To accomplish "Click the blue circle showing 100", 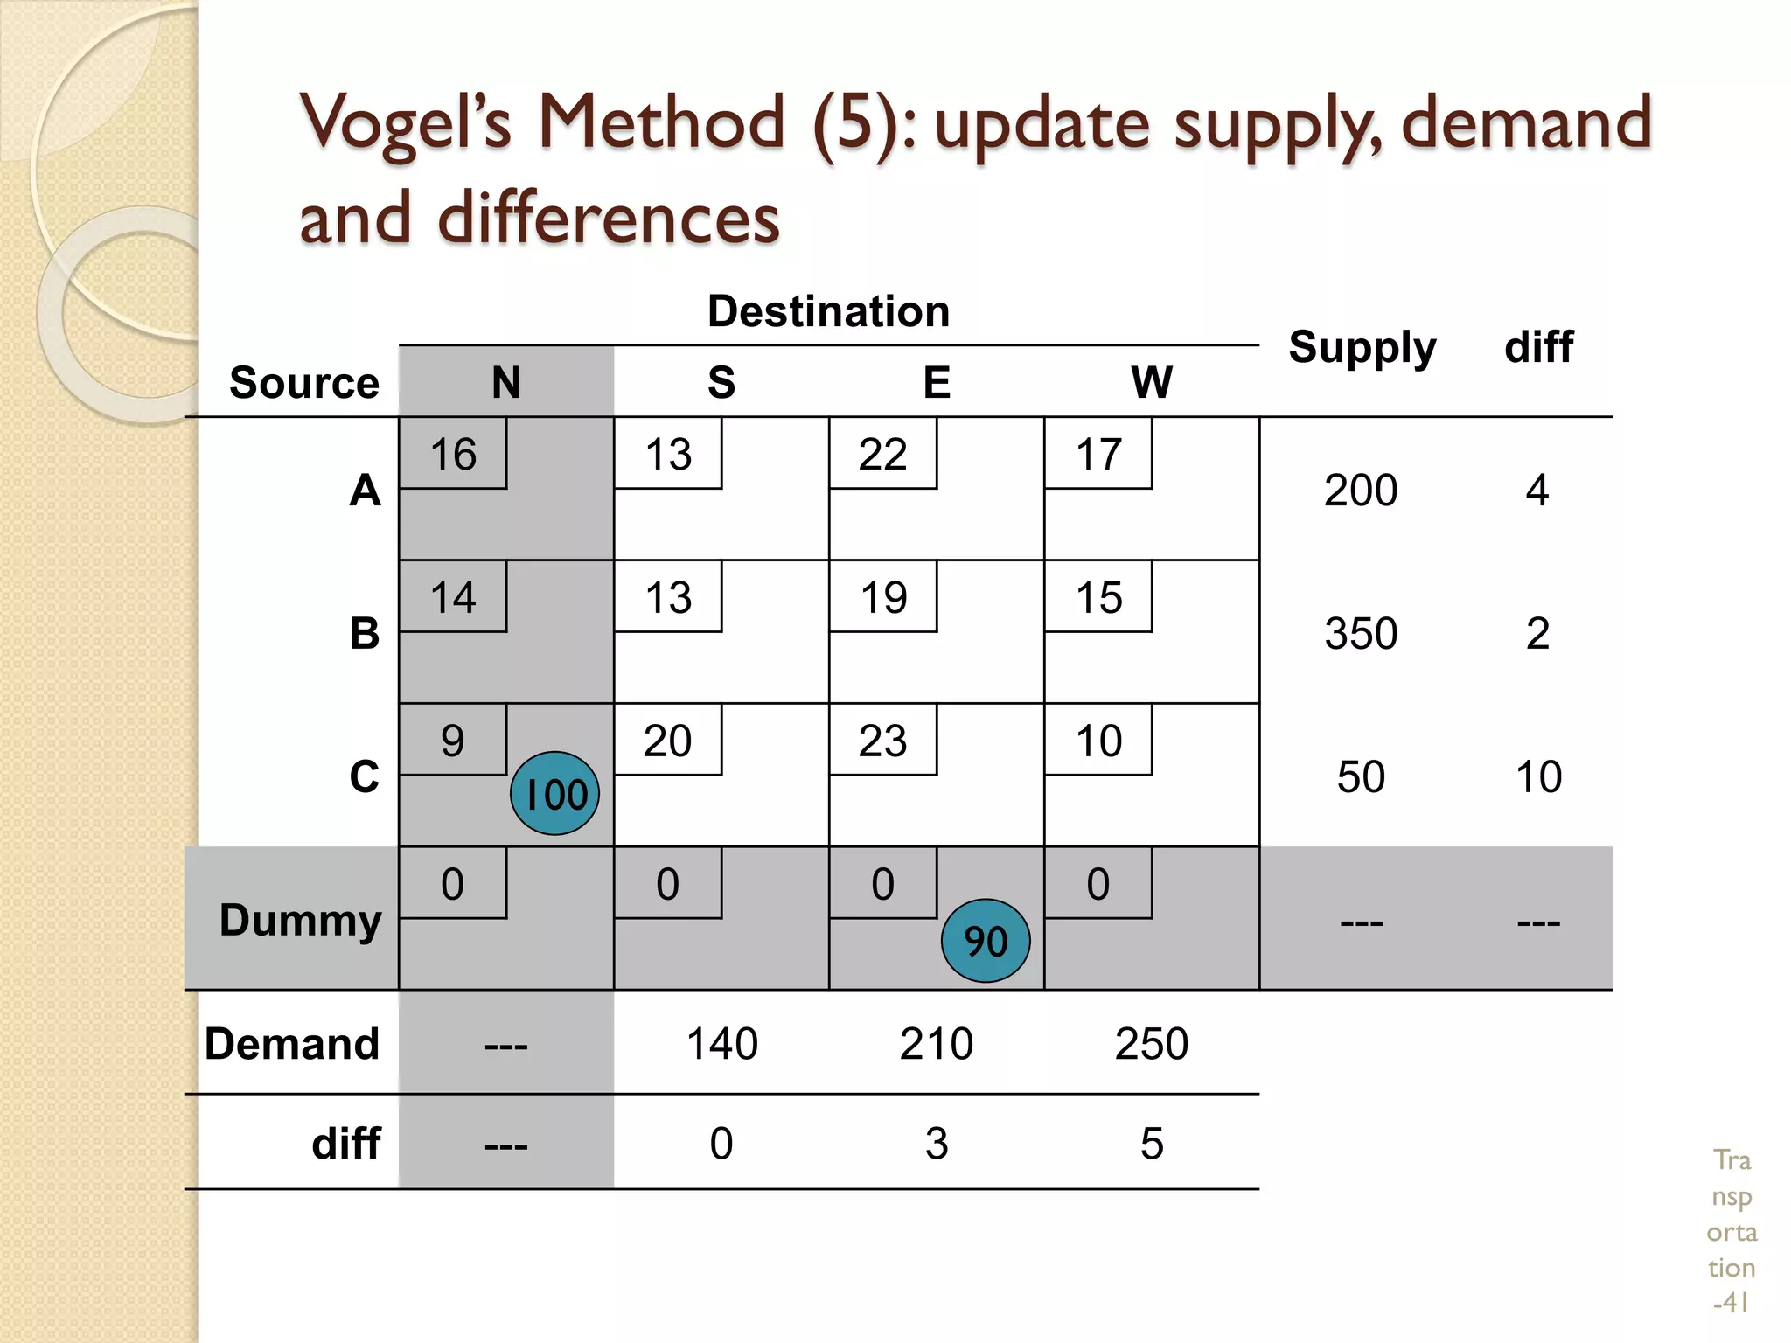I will click(554, 794).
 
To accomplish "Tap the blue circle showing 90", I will click(986, 941).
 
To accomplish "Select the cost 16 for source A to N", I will click(453, 454).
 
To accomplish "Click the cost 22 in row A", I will click(882, 454).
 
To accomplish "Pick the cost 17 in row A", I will click(1098, 454).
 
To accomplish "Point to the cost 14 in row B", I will click(453, 597).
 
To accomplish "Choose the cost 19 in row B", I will click(883, 597).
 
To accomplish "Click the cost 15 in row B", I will click(1098, 597).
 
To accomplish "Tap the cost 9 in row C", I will click(452, 741).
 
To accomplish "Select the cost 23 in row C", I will click(883, 741).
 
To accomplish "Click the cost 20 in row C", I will click(667, 741).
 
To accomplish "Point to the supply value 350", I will click(1361, 633).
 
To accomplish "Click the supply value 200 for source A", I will click(1361, 490).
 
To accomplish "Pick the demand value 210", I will click(936, 1043).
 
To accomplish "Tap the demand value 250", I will click(1151, 1043).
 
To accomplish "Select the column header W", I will click(1151, 382).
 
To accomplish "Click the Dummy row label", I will click(300, 920).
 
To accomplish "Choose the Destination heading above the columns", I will click(828, 311).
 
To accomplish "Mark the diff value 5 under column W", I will click(1152, 1143).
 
